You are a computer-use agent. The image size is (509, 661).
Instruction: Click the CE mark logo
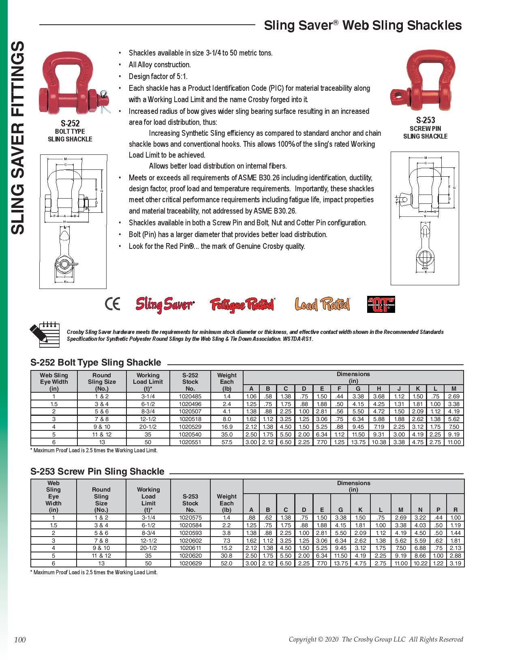(x=112, y=304)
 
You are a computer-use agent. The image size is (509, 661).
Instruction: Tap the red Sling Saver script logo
(x=165, y=304)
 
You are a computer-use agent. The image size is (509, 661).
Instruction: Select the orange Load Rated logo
(x=322, y=304)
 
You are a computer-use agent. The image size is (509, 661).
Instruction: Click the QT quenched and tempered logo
(x=381, y=304)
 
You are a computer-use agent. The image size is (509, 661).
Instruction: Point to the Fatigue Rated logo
(x=242, y=305)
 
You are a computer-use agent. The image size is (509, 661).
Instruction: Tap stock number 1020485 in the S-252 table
(x=190, y=396)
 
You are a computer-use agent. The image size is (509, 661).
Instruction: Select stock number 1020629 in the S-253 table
(x=190, y=563)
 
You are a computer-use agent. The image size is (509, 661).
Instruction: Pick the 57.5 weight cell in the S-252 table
(x=227, y=442)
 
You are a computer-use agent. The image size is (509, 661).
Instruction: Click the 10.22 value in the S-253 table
(x=420, y=563)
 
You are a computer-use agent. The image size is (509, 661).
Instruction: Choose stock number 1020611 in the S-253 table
(x=190, y=548)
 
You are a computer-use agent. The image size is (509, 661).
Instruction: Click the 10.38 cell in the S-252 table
(x=379, y=442)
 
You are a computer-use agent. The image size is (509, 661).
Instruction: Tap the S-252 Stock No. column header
(x=190, y=382)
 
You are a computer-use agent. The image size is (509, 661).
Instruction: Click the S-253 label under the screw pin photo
(x=426, y=120)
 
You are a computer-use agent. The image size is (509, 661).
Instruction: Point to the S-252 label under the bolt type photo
(x=70, y=123)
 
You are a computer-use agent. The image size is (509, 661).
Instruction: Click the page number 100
(x=20, y=640)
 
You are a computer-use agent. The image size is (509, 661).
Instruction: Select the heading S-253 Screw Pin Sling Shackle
(x=97, y=471)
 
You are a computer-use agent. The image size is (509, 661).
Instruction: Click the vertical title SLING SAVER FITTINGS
(x=18, y=138)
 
